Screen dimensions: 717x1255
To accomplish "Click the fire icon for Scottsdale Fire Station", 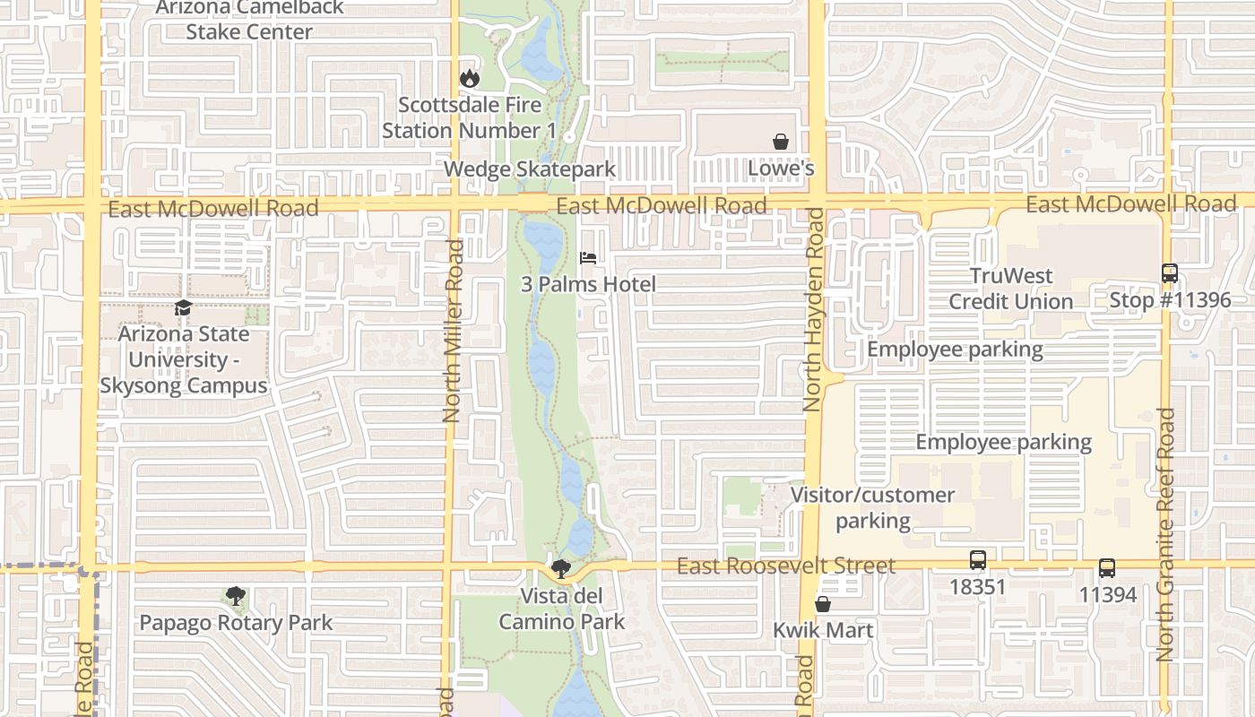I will (x=469, y=79).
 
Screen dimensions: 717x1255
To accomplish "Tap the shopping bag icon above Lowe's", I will (x=781, y=142).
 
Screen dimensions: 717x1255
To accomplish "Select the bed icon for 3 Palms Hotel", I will (x=588, y=258).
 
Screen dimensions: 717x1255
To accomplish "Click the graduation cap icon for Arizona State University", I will (x=183, y=307).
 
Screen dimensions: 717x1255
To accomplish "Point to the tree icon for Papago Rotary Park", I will (x=236, y=596).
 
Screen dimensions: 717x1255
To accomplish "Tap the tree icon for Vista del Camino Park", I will (x=561, y=568).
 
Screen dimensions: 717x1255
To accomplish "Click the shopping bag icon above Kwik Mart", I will (x=823, y=604).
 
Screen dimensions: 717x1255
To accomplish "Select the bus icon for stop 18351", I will (x=978, y=561).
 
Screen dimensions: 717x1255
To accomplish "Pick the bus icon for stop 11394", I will (x=1107, y=568).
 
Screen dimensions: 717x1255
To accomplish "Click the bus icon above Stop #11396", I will (x=1170, y=273).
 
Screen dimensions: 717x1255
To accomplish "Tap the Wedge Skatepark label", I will (x=529, y=169).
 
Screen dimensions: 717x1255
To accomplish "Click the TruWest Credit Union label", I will (x=1011, y=289).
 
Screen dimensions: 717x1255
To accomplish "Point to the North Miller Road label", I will (x=452, y=330).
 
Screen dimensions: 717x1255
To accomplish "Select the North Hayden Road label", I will (x=814, y=309).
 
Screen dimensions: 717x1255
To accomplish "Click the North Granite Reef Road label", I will (x=1165, y=534).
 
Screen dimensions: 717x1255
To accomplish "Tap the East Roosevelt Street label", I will (x=785, y=566).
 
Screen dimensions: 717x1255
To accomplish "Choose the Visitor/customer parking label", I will (x=872, y=507).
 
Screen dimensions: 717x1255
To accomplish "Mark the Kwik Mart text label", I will (x=823, y=630).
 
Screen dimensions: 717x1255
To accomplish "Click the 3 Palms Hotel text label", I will (x=589, y=284).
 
